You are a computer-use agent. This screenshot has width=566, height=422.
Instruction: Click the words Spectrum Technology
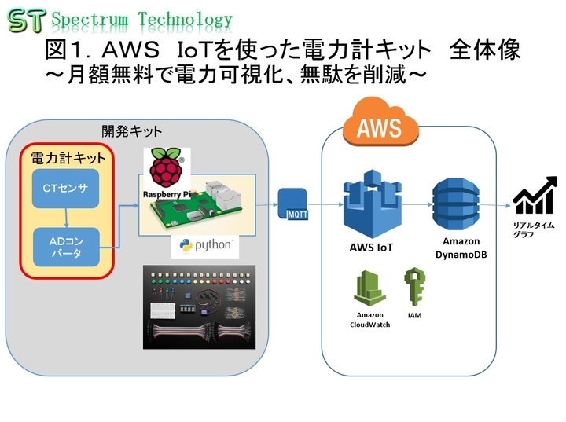pyautogui.click(x=141, y=20)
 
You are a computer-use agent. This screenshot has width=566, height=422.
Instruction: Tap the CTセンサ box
pyautogui.click(x=66, y=188)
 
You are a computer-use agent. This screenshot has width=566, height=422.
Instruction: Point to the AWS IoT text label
pyautogui.click(x=371, y=248)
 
